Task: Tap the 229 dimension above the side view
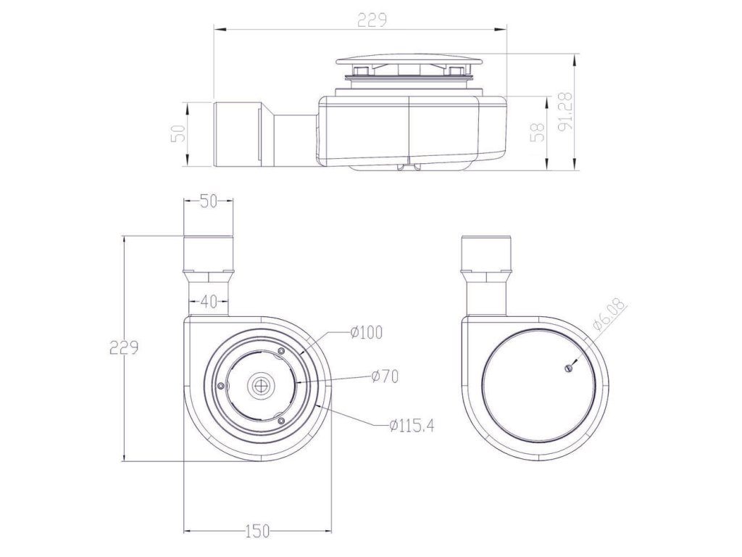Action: click(x=372, y=20)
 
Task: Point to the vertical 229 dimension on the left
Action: click(x=123, y=347)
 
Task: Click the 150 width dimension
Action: click(x=257, y=531)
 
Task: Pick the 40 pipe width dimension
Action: click(x=208, y=300)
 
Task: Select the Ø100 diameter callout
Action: click(x=366, y=332)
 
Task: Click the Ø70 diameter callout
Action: click(x=385, y=377)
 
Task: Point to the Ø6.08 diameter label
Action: click(x=609, y=315)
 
